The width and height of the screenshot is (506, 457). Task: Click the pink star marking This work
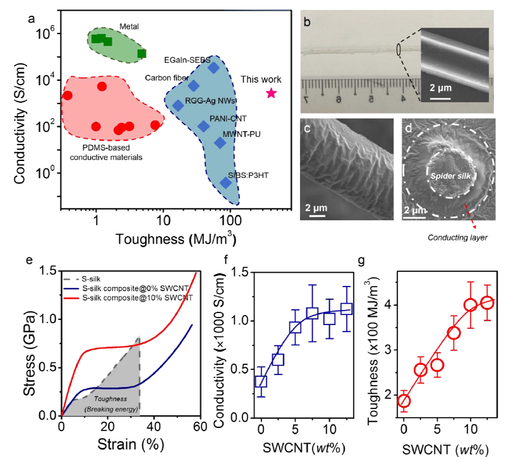coord(271,93)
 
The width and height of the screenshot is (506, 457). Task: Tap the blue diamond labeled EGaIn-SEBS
coord(214,68)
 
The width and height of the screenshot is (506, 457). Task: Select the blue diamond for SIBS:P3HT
coord(226,183)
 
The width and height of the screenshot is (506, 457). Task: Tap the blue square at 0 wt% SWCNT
coord(260,381)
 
